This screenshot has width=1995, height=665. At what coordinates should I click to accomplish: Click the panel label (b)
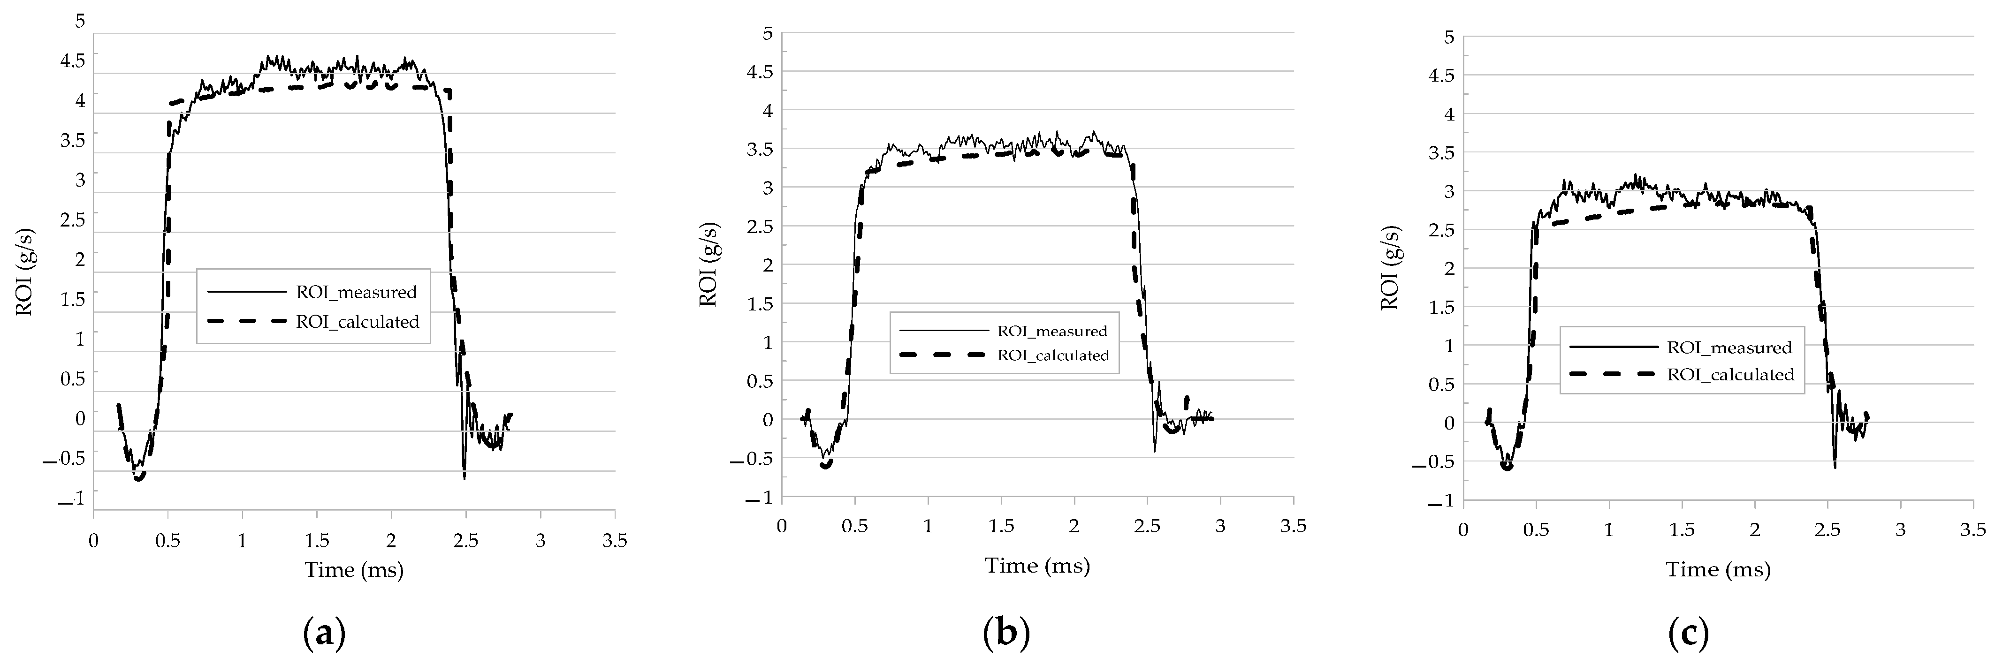pos(1006,634)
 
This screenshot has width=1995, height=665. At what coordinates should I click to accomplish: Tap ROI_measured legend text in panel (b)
pos(1052,332)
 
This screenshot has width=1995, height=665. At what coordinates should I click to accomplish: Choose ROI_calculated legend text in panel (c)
pos(1730,375)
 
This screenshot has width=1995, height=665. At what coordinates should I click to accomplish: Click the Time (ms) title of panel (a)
pos(354,571)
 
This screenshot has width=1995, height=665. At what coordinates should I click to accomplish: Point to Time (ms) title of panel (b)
pos(1037,566)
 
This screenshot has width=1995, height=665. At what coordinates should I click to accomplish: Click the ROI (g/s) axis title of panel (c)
pos(1391,268)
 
